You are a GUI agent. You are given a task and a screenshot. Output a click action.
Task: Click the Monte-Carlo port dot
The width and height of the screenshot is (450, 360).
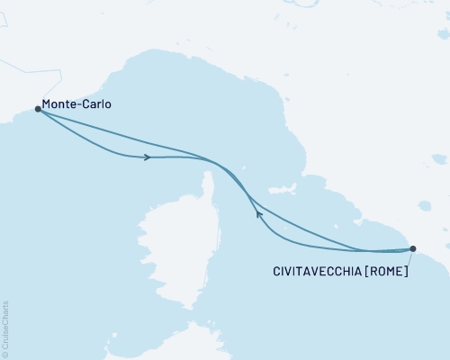[38, 109]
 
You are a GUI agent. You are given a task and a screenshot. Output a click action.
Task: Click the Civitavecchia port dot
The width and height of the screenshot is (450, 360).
[413, 248]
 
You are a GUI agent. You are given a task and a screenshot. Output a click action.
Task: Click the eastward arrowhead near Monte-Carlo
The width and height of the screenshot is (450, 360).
[146, 157]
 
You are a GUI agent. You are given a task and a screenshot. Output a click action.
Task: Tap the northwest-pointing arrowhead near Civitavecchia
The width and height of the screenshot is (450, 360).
[258, 213]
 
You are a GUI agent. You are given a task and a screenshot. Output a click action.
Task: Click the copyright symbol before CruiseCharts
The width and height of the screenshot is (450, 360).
[5, 355]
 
